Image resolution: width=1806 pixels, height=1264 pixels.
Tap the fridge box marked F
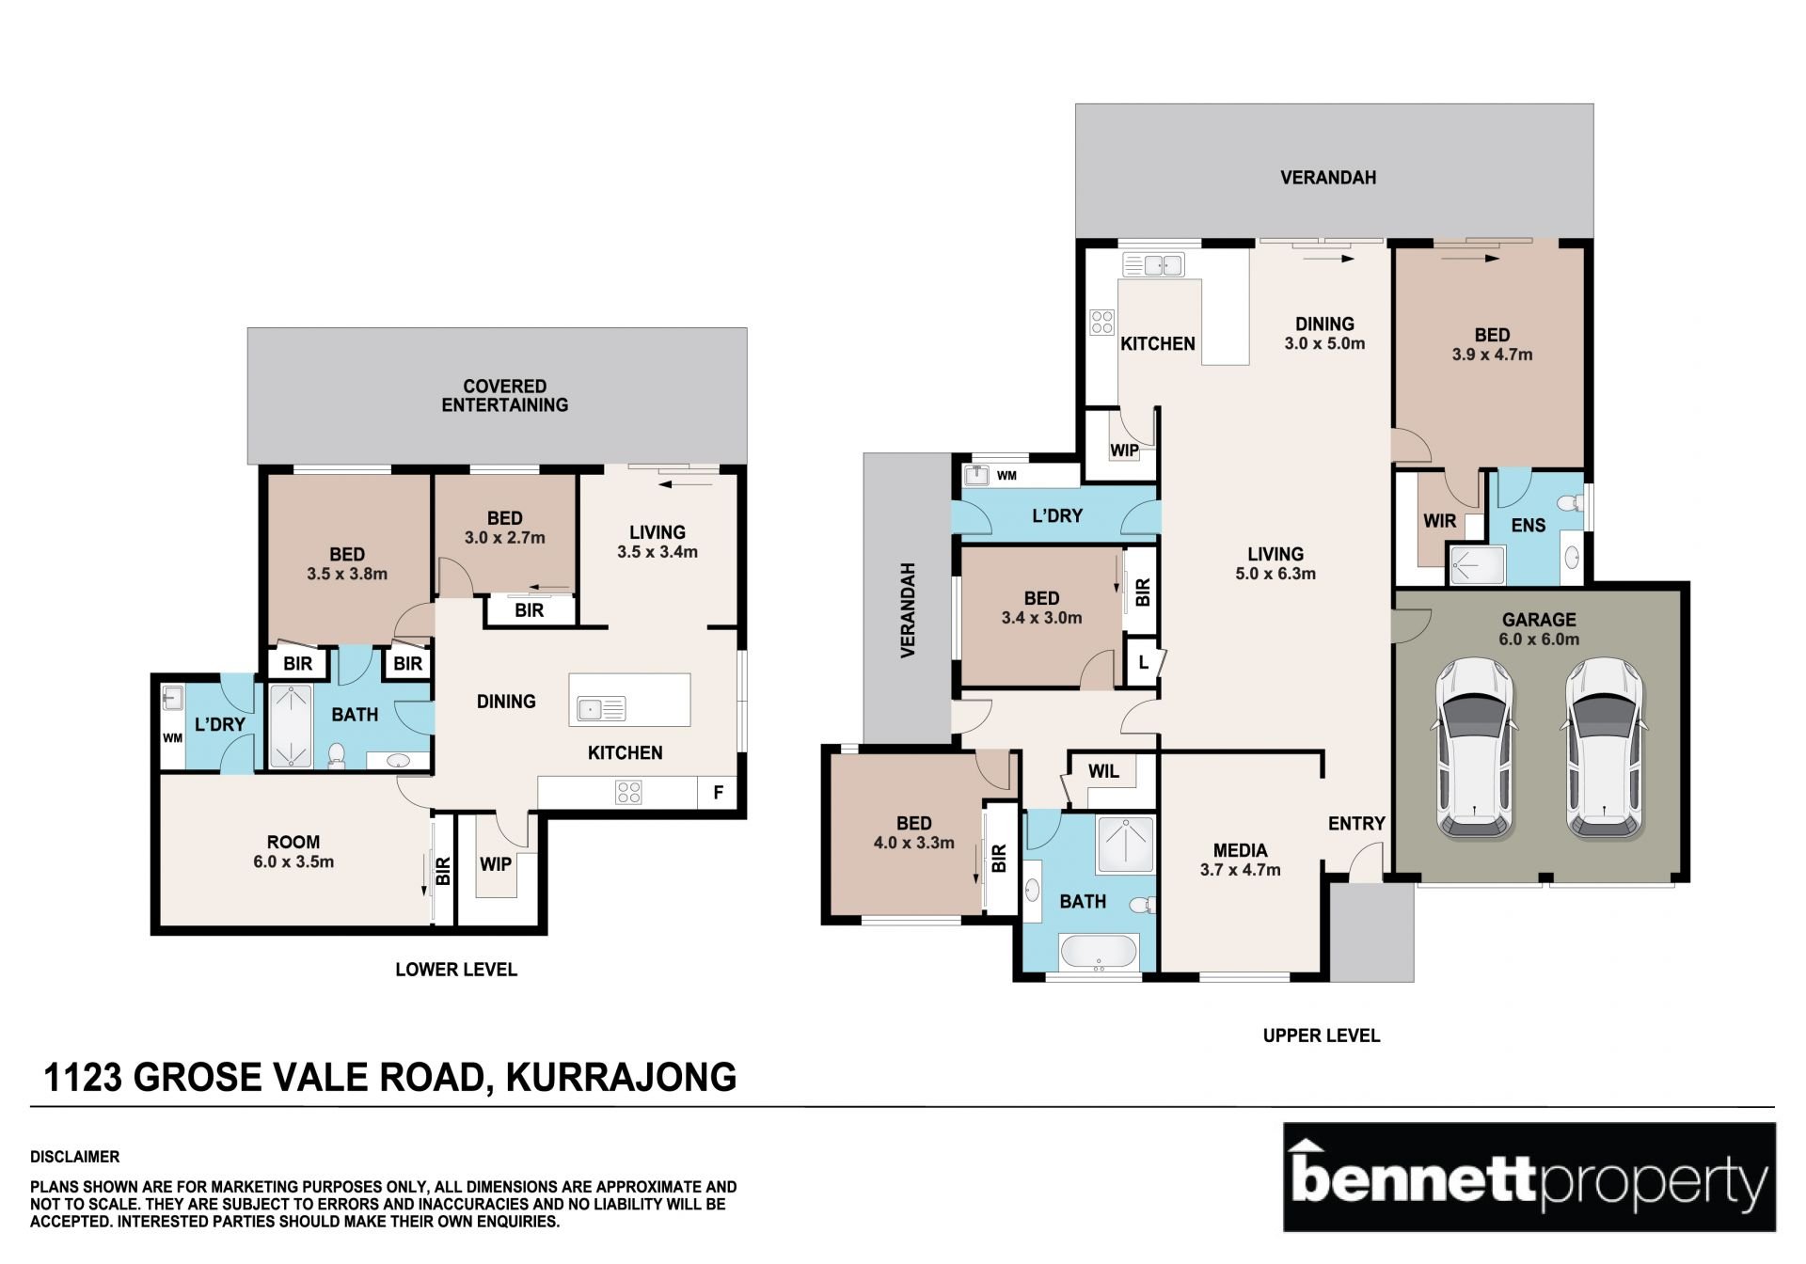pyautogui.click(x=718, y=793)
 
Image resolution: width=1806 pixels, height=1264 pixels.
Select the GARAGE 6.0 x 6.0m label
pyautogui.click(x=1539, y=629)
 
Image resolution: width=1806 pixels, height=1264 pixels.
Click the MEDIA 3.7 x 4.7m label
pyautogui.click(x=1240, y=860)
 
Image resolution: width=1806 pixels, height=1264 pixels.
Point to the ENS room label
pyautogui.click(x=1528, y=525)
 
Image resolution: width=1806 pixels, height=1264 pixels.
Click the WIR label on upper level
pyautogui.click(x=1440, y=520)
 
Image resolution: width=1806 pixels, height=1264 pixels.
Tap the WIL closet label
pyautogui.click(x=1103, y=771)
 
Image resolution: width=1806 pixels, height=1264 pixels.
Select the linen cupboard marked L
pyautogui.click(x=1143, y=662)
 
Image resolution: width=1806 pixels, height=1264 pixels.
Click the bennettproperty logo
pyautogui.click(x=1529, y=1177)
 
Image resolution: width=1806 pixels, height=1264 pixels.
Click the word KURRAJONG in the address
pyautogui.click(x=621, y=1077)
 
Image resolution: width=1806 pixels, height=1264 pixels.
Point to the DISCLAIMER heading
pyautogui.click(x=74, y=1157)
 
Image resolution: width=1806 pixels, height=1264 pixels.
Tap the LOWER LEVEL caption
pyautogui.click(x=456, y=969)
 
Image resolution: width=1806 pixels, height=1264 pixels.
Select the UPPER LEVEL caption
pyautogui.click(x=1321, y=1035)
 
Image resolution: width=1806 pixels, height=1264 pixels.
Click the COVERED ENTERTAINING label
pyautogui.click(x=505, y=395)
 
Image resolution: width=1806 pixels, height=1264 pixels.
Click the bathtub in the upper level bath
pyautogui.click(x=1099, y=952)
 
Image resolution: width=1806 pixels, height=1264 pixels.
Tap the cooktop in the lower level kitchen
pyautogui.click(x=628, y=793)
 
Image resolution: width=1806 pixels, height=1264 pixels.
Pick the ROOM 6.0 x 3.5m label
pyautogui.click(x=293, y=851)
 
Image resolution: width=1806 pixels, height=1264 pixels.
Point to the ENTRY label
pyautogui.click(x=1356, y=823)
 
